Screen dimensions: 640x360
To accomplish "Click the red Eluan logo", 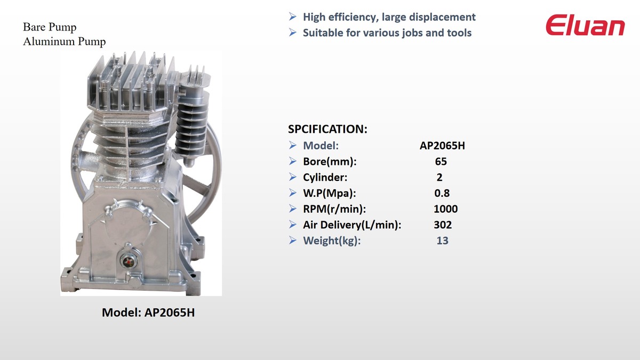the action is tap(585, 25).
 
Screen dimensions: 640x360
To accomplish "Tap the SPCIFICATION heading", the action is tap(327, 129).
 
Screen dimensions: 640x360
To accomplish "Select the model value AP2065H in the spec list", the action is tap(442, 146).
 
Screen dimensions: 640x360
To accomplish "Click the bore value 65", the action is tap(441, 162).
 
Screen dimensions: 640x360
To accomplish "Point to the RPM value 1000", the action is tap(445, 209).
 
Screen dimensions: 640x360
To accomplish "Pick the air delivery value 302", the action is tap(443, 225).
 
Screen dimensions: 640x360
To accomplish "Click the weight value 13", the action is tap(442, 241).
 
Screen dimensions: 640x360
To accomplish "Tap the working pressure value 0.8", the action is tap(442, 193).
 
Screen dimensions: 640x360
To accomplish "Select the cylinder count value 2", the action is tap(439, 178).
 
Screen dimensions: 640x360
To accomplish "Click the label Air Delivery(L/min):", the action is tap(352, 225).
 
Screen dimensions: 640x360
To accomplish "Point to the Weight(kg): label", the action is tap(332, 241).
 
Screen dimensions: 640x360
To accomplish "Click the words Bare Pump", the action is tap(50, 27).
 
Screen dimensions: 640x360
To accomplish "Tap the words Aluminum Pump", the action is tap(65, 42).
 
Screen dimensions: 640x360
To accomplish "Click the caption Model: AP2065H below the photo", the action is tap(148, 313).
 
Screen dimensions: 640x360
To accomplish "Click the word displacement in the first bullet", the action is tap(442, 17).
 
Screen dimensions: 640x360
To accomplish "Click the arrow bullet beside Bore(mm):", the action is tap(293, 162).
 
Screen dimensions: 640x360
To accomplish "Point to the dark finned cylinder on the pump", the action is tap(191, 126).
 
